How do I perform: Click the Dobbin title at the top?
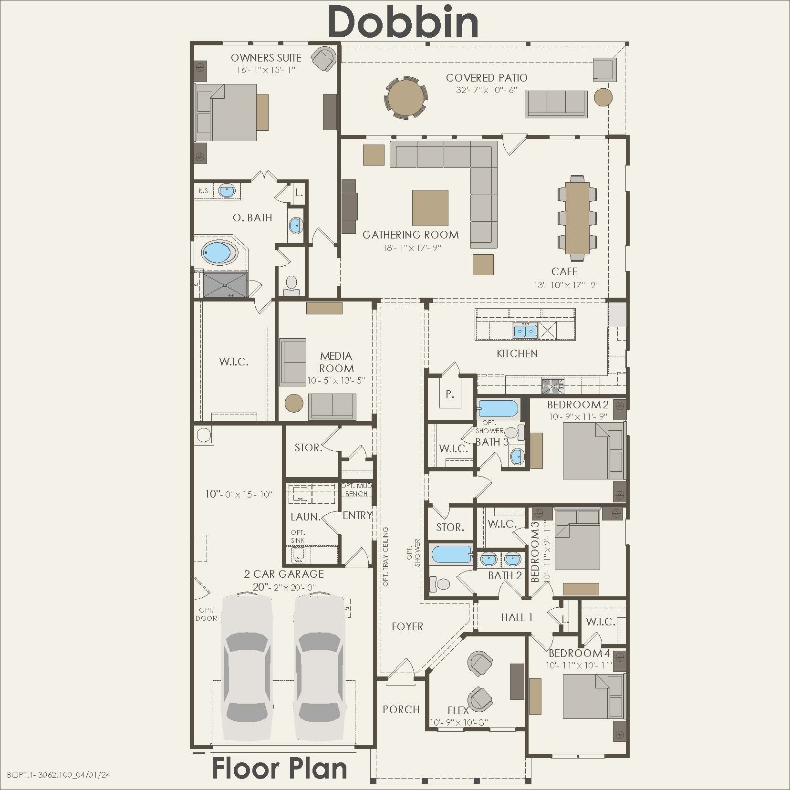pyautogui.click(x=403, y=22)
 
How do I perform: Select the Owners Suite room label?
pyautogui.click(x=266, y=58)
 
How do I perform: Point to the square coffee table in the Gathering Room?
pyautogui.click(x=430, y=208)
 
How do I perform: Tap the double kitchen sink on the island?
pyautogui.click(x=525, y=331)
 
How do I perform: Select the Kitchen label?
pyautogui.click(x=517, y=353)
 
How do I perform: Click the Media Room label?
pyautogui.click(x=336, y=362)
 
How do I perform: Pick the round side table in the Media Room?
pyautogui.click(x=294, y=404)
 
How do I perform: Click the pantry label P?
pyautogui.click(x=449, y=395)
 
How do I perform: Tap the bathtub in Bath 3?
pyautogui.click(x=498, y=409)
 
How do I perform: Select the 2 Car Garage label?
pyautogui.click(x=284, y=574)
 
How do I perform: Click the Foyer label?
pyautogui.click(x=407, y=626)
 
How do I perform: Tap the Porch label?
pyautogui.click(x=401, y=709)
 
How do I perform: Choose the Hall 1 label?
pyautogui.click(x=517, y=617)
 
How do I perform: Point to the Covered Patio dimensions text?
pyautogui.click(x=487, y=90)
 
